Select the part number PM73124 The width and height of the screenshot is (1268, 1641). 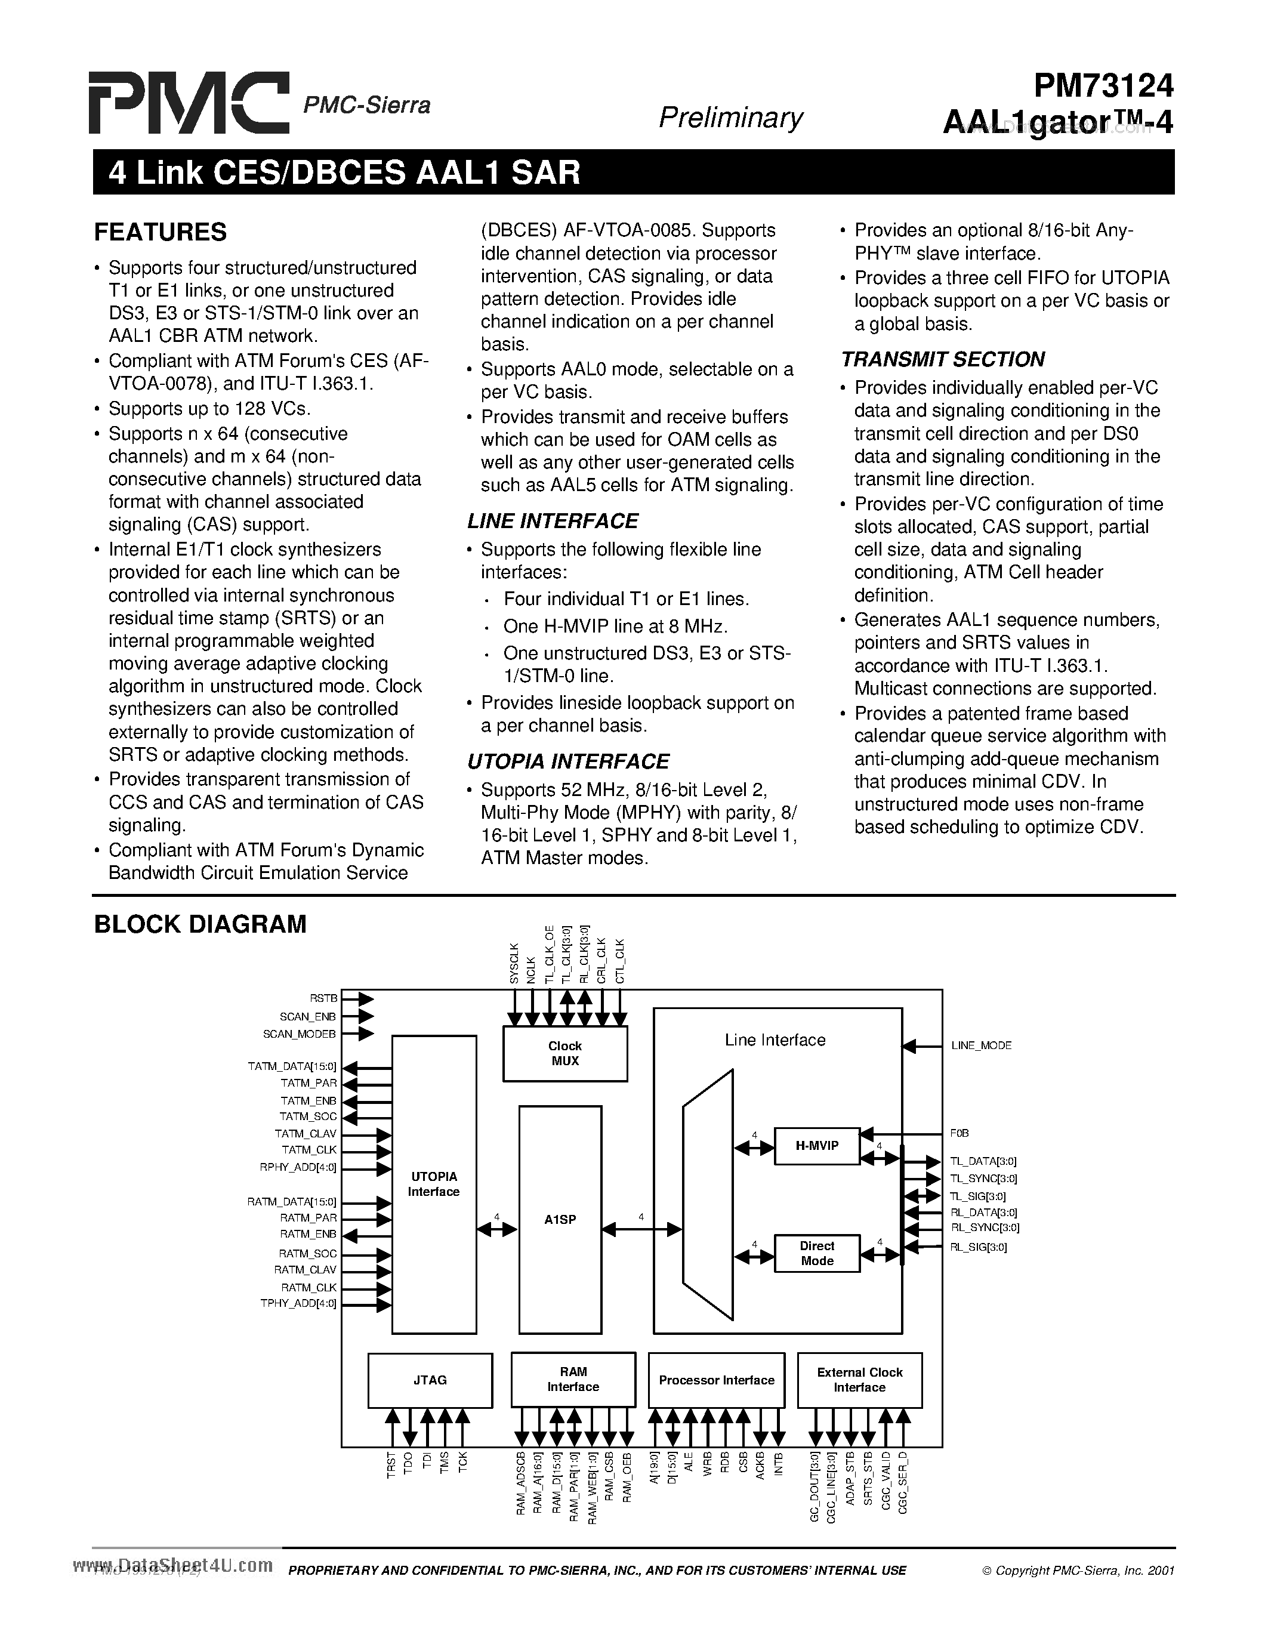coord(1103,87)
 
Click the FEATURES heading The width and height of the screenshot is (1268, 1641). coord(160,232)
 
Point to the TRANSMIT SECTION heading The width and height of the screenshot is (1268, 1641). coord(943,359)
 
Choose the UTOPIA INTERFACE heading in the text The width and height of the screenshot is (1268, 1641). coord(568,761)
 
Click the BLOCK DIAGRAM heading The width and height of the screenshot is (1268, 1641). coord(200,924)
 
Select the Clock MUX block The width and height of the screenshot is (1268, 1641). coord(565,1053)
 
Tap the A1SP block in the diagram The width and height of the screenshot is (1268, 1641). coord(560,1220)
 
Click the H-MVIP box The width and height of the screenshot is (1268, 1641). coord(816,1146)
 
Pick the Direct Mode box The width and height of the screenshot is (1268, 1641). coord(816,1253)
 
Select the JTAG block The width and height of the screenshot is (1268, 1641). coord(430,1380)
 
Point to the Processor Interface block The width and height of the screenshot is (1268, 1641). coord(716,1380)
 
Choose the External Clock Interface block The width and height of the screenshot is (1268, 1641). coord(859,1380)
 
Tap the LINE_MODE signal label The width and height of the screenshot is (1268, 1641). coord(981,1045)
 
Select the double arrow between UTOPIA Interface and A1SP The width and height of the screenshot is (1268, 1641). coord(497,1229)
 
